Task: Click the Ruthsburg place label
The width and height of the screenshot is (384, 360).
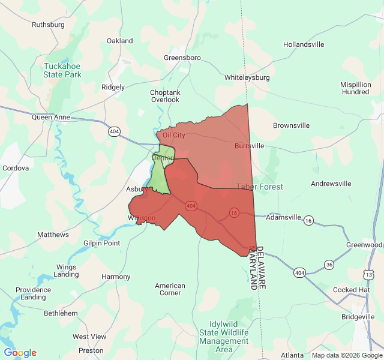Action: pyautogui.click(x=48, y=25)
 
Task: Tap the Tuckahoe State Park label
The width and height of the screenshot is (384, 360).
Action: pyautogui.click(x=62, y=70)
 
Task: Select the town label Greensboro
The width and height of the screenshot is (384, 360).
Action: pyautogui.click(x=182, y=58)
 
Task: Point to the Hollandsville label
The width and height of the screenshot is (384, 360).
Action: pyautogui.click(x=304, y=44)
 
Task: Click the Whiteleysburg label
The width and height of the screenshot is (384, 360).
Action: pyautogui.click(x=247, y=77)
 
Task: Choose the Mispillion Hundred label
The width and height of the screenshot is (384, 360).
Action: pyautogui.click(x=356, y=88)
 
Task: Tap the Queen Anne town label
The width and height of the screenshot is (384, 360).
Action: pyautogui.click(x=51, y=118)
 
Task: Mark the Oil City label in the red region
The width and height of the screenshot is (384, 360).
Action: pyautogui.click(x=174, y=135)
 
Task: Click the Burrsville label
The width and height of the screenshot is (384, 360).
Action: pyautogui.click(x=249, y=146)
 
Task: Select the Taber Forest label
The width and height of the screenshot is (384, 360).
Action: pyautogui.click(x=259, y=187)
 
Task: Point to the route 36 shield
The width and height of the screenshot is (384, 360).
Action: pyautogui.click(x=329, y=264)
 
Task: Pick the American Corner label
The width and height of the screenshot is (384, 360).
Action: pyautogui.click(x=170, y=289)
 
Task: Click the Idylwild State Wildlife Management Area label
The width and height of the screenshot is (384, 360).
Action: pyautogui.click(x=224, y=337)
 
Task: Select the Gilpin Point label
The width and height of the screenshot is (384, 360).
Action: pyautogui.click(x=102, y=243)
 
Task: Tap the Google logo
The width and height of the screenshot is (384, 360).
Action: pyautogui.click(x=20, y=353)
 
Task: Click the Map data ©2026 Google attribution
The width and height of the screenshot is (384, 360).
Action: pyautogui.click(x=347, y=355)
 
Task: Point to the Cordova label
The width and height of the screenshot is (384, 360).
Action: pyautogui.click(x=16, y=168)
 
